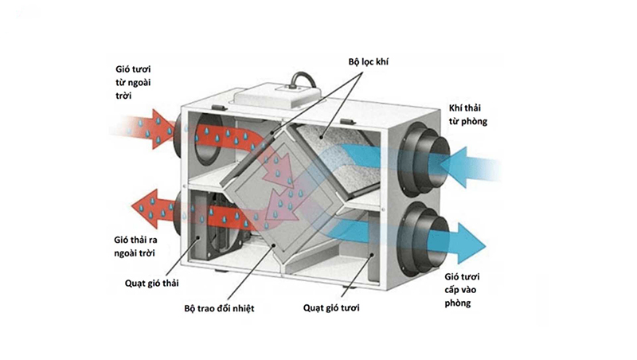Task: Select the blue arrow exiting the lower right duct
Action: pyautogui.click(x=462, y=237)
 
